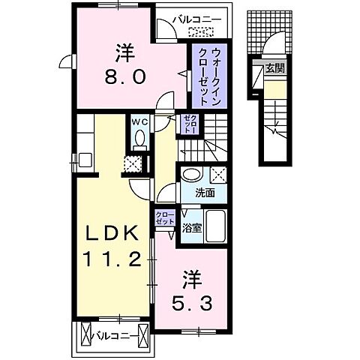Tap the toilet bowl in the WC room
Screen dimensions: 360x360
tap(139, 138)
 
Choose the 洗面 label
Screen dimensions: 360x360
tap(205, 192)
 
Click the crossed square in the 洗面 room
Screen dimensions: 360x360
tap(218, 174)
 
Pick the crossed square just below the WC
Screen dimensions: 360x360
tap(133, 164)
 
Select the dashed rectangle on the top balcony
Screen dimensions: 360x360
tap(200, 32)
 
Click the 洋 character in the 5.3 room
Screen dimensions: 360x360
tap(191, 280)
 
